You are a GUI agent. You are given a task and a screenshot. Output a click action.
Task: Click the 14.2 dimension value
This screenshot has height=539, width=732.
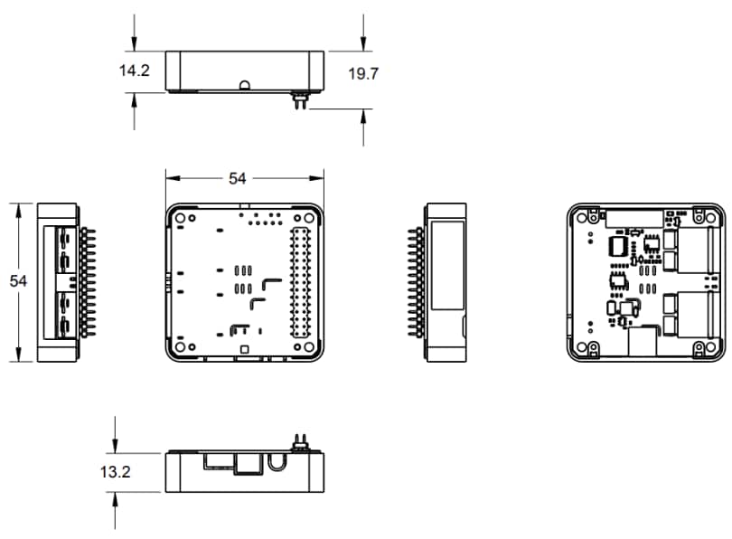pos(134,71)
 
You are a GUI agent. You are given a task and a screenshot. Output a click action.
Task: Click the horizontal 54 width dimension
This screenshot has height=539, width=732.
pos(237,178)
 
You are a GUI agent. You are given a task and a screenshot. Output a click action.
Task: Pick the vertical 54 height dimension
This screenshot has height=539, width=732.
pos(18,281)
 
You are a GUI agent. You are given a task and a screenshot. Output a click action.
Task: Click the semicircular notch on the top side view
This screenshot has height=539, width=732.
pos(244,86)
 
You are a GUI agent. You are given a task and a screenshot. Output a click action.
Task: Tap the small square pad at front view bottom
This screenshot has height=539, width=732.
pos(243,348)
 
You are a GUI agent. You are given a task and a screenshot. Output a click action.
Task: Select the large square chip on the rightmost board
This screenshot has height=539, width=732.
pos(619,246)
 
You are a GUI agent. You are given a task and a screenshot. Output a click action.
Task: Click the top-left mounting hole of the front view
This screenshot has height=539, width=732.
pos(181,218)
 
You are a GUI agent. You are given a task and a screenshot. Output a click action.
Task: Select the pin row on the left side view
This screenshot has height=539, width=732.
pos(88,281)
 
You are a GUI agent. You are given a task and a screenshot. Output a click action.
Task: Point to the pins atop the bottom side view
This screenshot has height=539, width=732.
pos(300,444)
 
